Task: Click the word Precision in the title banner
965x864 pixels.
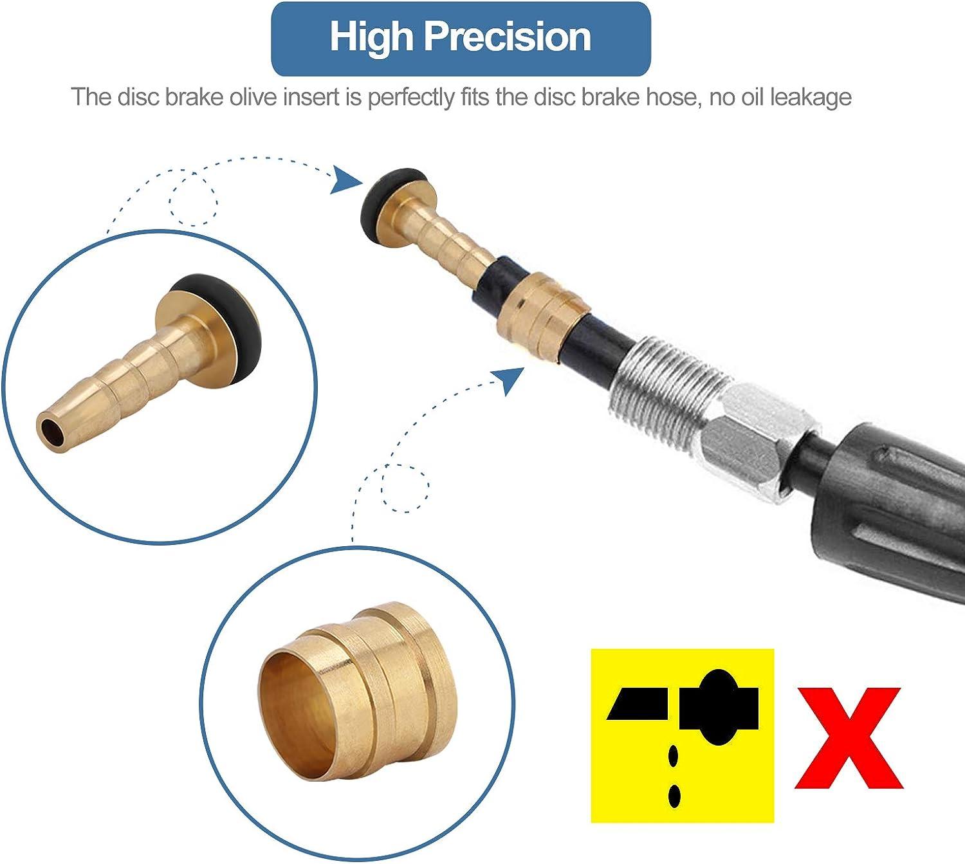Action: pos(508,38)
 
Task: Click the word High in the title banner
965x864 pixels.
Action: pos(371,38)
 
